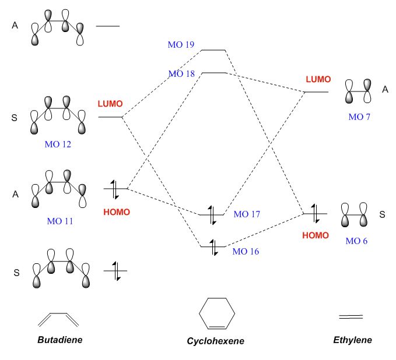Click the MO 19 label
pos(181,44)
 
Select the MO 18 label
pos(181,73)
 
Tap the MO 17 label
pos(247,214)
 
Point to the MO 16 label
pos(246,252)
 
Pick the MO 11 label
pos(60,221)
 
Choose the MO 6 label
pos(356,240)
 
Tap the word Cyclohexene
pos(215,341)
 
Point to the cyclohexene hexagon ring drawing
pos(217,315)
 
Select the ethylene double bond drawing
pos(351,316)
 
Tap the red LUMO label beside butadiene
pos(110,104)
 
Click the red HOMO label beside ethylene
pos(316,235)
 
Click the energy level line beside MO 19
pos(213,51)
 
